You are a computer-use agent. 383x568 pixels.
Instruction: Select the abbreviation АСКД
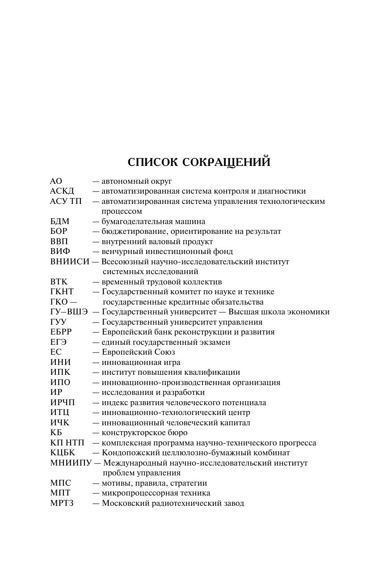click(x=62, y=191)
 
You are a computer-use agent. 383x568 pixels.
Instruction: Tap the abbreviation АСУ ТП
click(x=66, y=201)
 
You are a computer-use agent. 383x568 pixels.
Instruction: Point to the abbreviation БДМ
click(x=60, y=221)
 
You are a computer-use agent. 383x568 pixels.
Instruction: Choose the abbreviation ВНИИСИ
click(x=70, y=262)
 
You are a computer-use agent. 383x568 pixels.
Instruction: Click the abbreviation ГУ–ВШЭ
click(x=69, y=312)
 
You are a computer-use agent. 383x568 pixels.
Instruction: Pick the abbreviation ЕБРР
click(x=61, y=332)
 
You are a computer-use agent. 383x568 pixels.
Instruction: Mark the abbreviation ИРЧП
click(x=62, y=403)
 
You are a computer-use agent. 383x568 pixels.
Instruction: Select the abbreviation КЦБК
click(x=63, y=453)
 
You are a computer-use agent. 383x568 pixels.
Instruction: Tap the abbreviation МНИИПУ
click(x=71, y=463)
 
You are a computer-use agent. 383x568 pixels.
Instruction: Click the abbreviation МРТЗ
click(x=62, y=503)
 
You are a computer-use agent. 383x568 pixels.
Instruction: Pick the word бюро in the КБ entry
click(x=178, y=433)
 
